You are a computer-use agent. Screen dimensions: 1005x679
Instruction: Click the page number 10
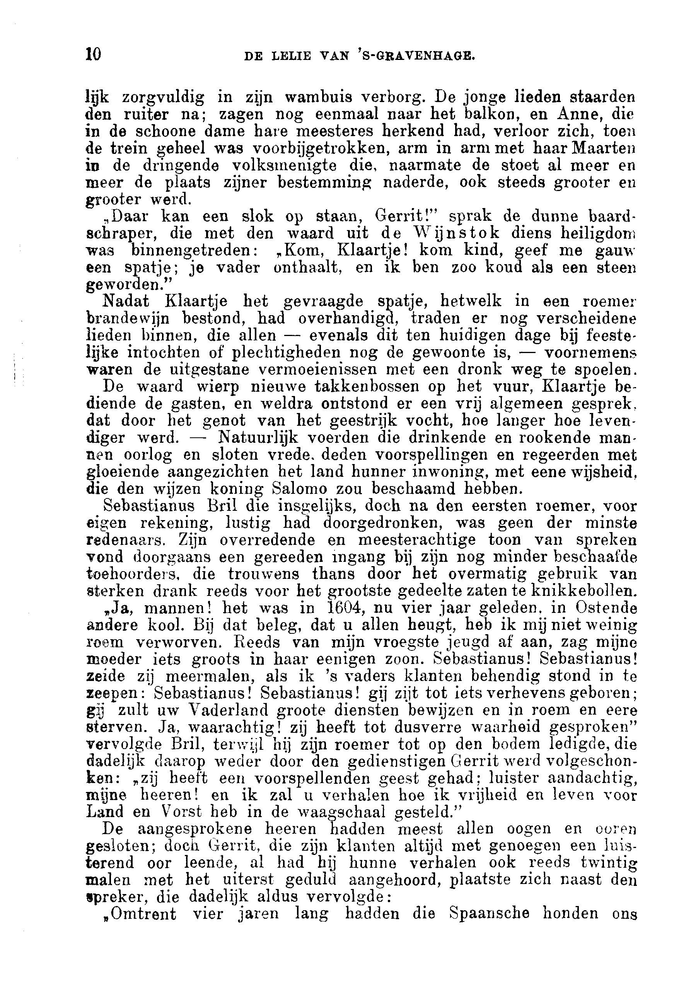(x=94, y=55)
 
